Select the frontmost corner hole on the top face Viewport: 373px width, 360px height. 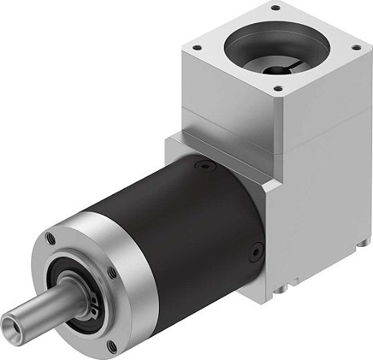[278, 87]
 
